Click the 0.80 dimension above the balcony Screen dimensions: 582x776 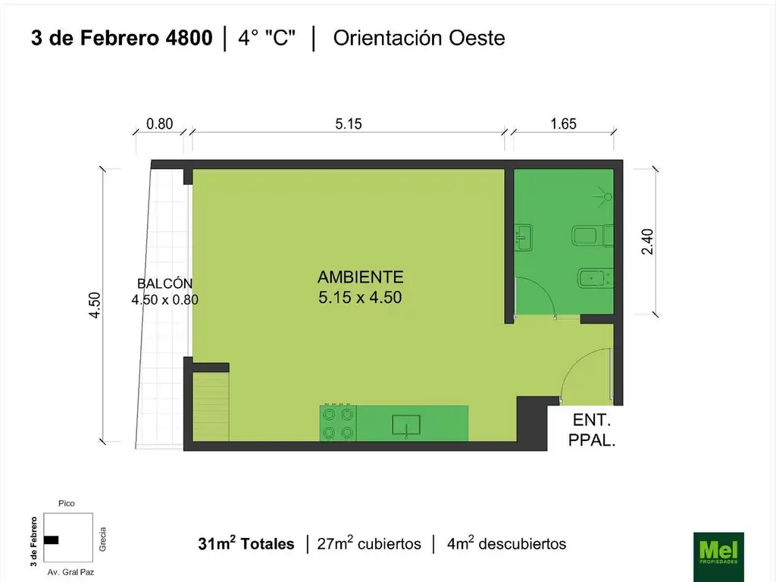159,124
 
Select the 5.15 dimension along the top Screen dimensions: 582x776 349,124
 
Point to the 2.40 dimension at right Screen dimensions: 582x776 646,241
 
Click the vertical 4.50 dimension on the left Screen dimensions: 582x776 95,305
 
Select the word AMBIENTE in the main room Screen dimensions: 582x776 360,277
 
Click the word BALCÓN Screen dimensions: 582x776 164,283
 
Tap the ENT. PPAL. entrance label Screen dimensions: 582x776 592,429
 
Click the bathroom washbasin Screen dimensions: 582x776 524,237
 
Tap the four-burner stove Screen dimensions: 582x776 338,424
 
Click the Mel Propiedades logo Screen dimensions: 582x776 718,556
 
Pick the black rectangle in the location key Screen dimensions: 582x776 52,540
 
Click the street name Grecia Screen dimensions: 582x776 102,537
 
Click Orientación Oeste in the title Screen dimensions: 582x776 419,38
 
